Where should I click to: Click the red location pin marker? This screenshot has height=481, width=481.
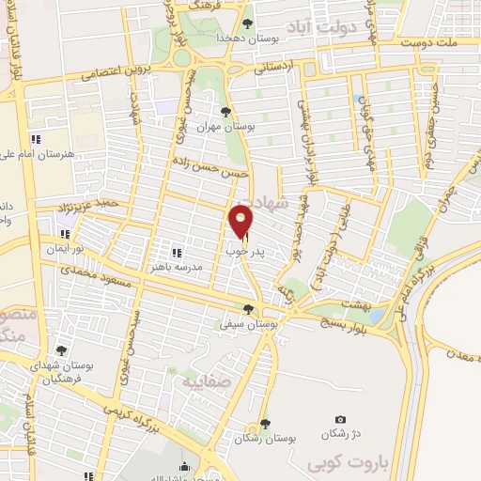click(x=241, y=220)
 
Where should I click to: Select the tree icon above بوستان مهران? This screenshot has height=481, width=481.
click(x=225, y=112)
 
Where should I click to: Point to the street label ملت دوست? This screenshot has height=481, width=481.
click(x=443, y=42)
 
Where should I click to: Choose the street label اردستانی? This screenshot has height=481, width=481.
click(x=281, y=67)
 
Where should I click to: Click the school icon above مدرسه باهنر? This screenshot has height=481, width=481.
click(x=176, y=252)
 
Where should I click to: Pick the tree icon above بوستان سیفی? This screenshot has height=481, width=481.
click(x=248, y=308)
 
